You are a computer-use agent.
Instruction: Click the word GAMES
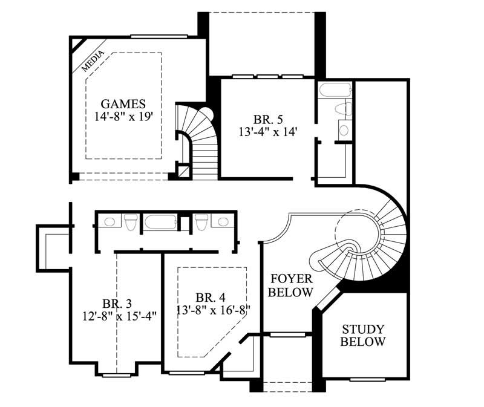(x=123, y=103)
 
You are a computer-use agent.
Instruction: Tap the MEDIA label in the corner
(x=93, y=60)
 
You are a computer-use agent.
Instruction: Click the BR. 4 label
(x=211, y=298)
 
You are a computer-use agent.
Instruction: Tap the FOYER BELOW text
(x=292, y=285)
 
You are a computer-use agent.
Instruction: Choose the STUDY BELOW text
(x=363, y=336)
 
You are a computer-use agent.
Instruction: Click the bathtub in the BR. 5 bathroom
(x=335, y=92)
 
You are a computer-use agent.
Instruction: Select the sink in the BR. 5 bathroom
(x=344, y=129)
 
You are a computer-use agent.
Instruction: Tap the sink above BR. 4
(x=221, y=221)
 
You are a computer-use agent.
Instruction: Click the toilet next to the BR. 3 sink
(x=130, y=222)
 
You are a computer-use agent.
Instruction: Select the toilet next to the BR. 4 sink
(x=200, y=222)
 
